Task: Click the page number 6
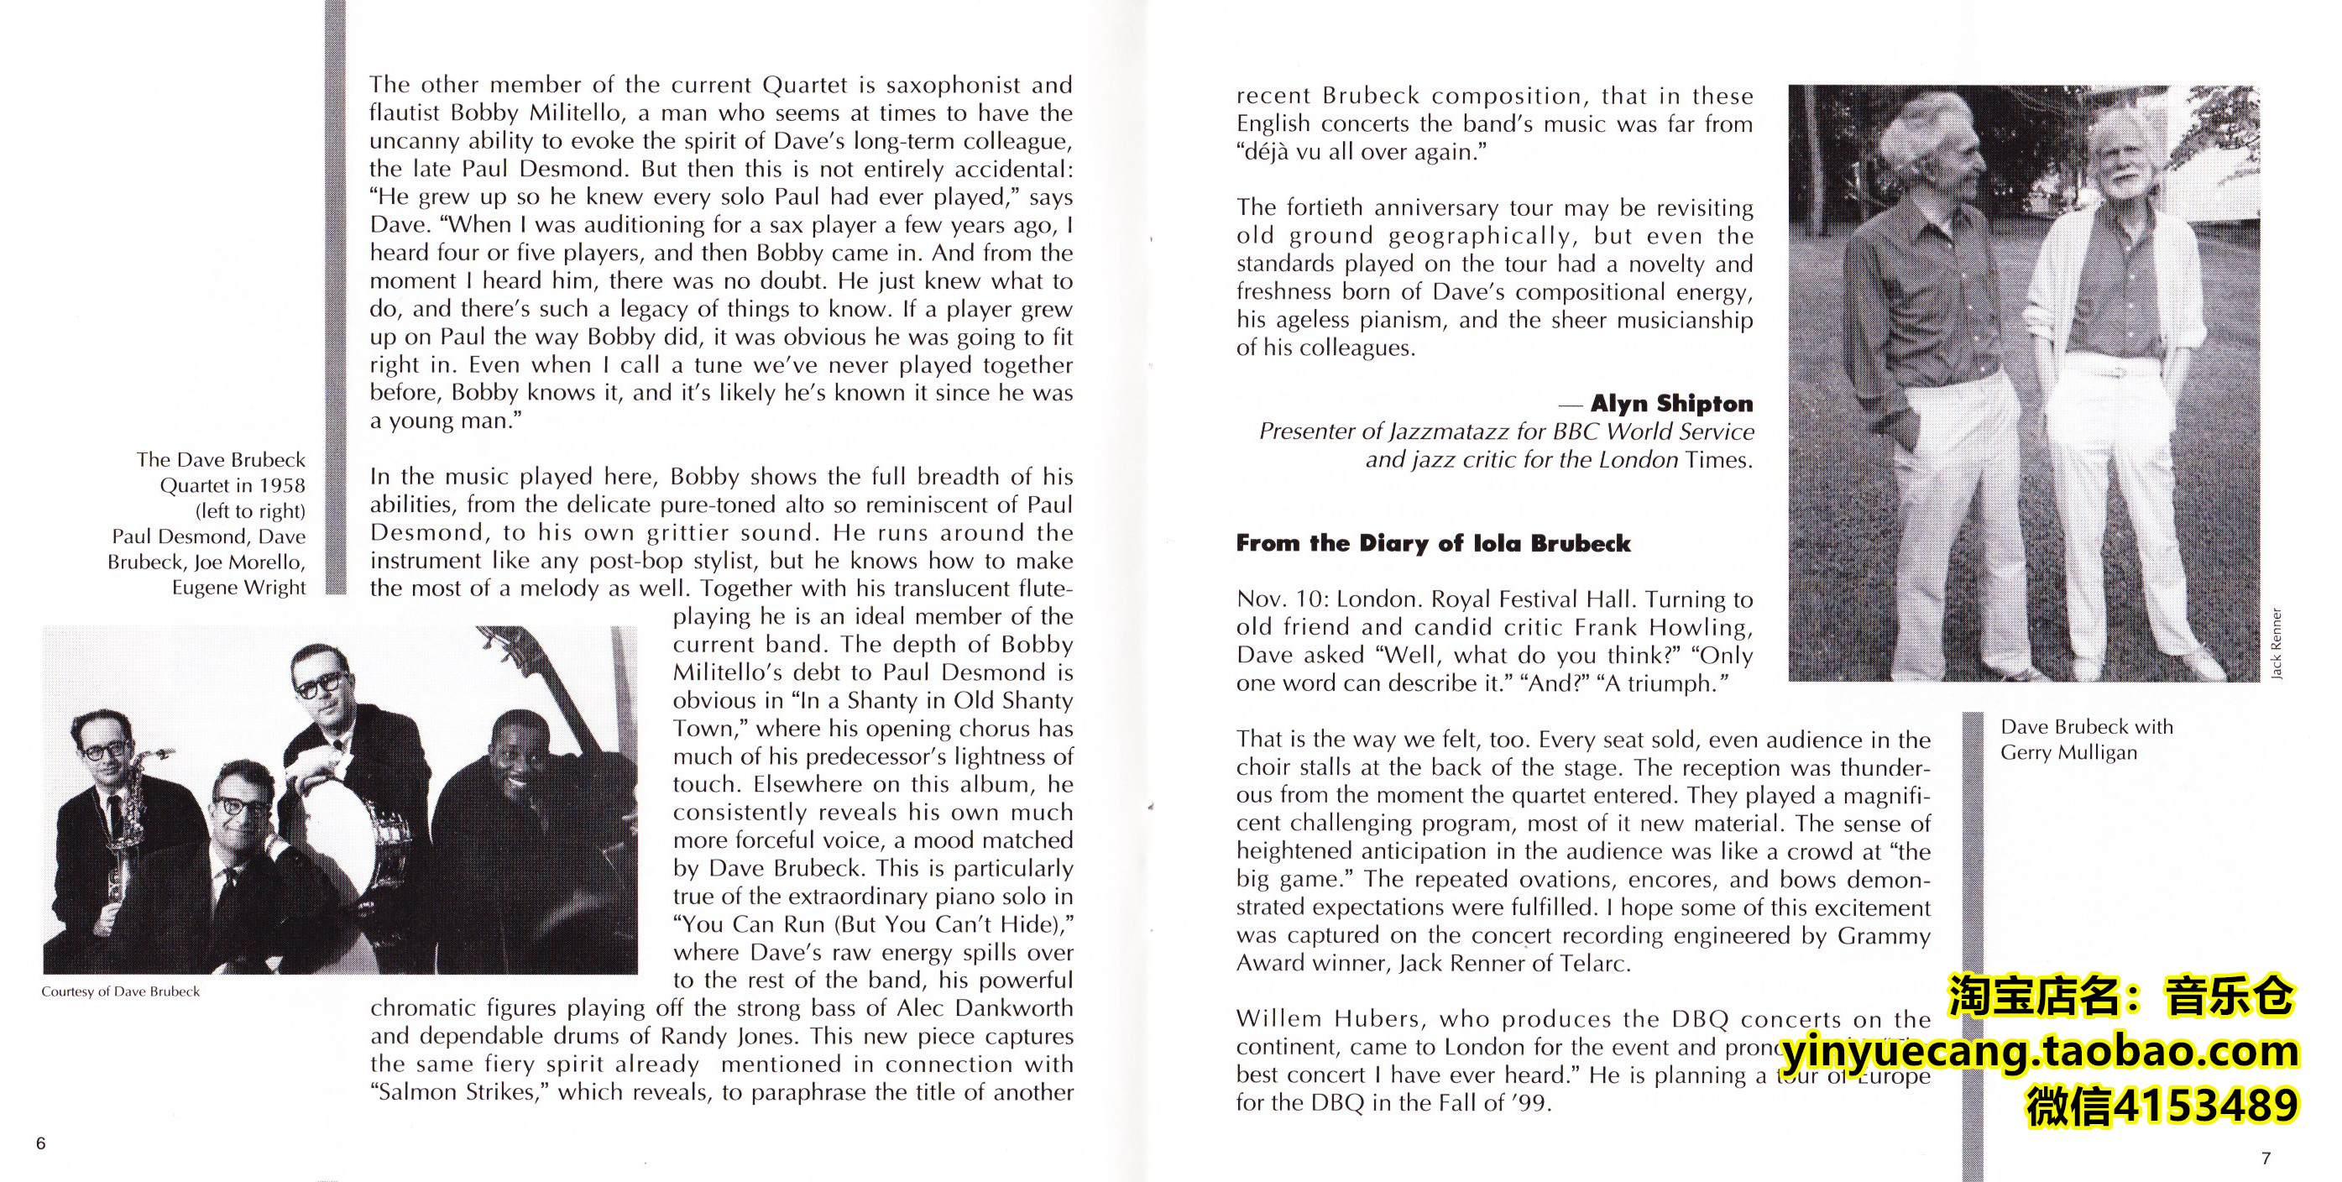40,1143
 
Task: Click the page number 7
2265,1158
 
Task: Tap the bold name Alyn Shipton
1671,403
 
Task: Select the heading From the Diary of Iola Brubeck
1433,544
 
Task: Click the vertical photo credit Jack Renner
2276,643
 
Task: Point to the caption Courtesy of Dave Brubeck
120,991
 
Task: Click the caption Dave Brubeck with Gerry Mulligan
2087,740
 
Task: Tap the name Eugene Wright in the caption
239,588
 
